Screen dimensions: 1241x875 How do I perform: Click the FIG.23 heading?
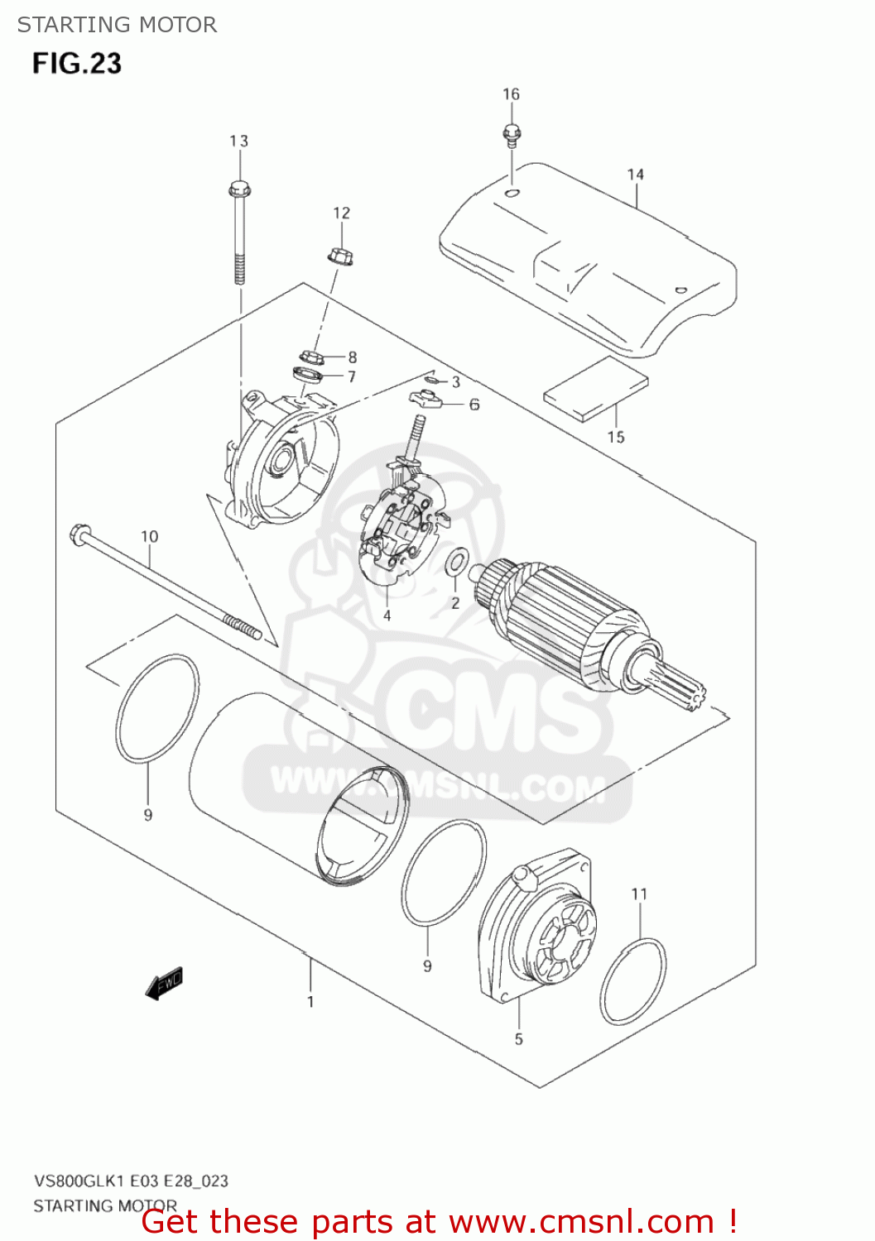click(x=77, y=64)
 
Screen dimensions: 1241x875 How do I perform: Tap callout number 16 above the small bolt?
click(x=511, y=94)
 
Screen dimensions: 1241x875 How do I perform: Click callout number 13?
click(x=238, y=141)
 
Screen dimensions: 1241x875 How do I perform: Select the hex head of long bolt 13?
click(x=238, y=189)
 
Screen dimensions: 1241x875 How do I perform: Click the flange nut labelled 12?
click(x=340, y=256)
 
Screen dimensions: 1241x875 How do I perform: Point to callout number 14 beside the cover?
click(x=635, y=175)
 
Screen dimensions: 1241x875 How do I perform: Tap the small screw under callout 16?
click(x=511, y=133)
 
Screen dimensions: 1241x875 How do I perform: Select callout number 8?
click(x=353, y=357)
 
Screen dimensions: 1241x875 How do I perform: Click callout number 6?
click(x=474, y=405)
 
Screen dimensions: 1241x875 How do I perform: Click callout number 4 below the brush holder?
click(x=387, y=616)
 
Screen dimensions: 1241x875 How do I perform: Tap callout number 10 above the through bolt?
click(x=149, y=536)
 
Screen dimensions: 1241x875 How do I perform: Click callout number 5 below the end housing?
click(x=519, y=1039)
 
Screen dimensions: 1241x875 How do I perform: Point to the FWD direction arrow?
click(x=164, y=983)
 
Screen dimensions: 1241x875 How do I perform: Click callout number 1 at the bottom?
click(x=310, y=1002)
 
